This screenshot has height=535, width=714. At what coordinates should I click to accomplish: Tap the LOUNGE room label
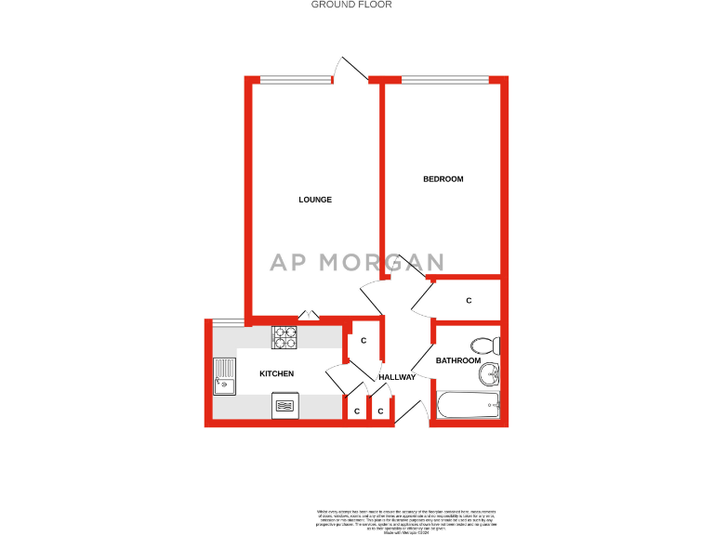click(x=315, y=200)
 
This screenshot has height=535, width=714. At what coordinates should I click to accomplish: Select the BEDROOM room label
click(x=443, y=179)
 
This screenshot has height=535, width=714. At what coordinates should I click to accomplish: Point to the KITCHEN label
click(x=276, y=373)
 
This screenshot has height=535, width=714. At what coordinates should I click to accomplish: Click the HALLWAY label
click(x=396, y=376)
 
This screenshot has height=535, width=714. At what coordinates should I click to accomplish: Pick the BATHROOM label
click(x=458, y=360)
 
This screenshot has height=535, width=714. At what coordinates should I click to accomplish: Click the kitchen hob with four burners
click(x=284, y=336)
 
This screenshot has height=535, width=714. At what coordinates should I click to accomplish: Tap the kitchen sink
click(x=224, y=375)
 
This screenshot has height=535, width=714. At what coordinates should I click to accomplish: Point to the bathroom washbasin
click(x=489, y=375)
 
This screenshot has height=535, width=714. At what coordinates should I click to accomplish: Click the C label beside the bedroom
click(x=469, y=301)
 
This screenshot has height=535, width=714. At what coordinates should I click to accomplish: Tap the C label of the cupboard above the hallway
click(x=364, y=341)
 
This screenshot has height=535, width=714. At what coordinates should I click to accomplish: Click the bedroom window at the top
click(x=444, y=79)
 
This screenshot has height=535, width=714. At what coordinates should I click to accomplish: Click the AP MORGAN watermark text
click(x=357, y=262)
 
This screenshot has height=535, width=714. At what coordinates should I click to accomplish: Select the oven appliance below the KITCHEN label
click(x=284, y=406)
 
